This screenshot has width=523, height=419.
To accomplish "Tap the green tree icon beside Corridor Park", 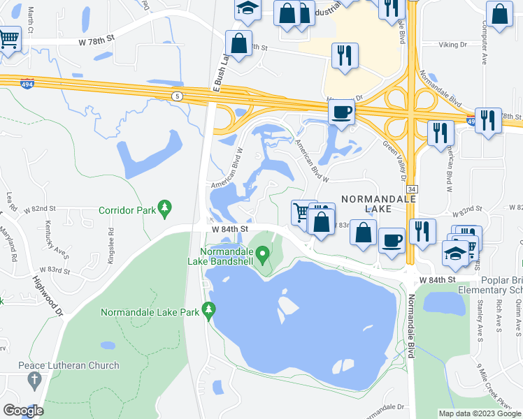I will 164,207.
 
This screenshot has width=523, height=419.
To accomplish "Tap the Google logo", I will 23,411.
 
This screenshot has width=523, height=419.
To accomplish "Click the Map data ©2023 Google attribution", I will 480,413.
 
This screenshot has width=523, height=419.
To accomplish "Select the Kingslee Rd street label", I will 110,240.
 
